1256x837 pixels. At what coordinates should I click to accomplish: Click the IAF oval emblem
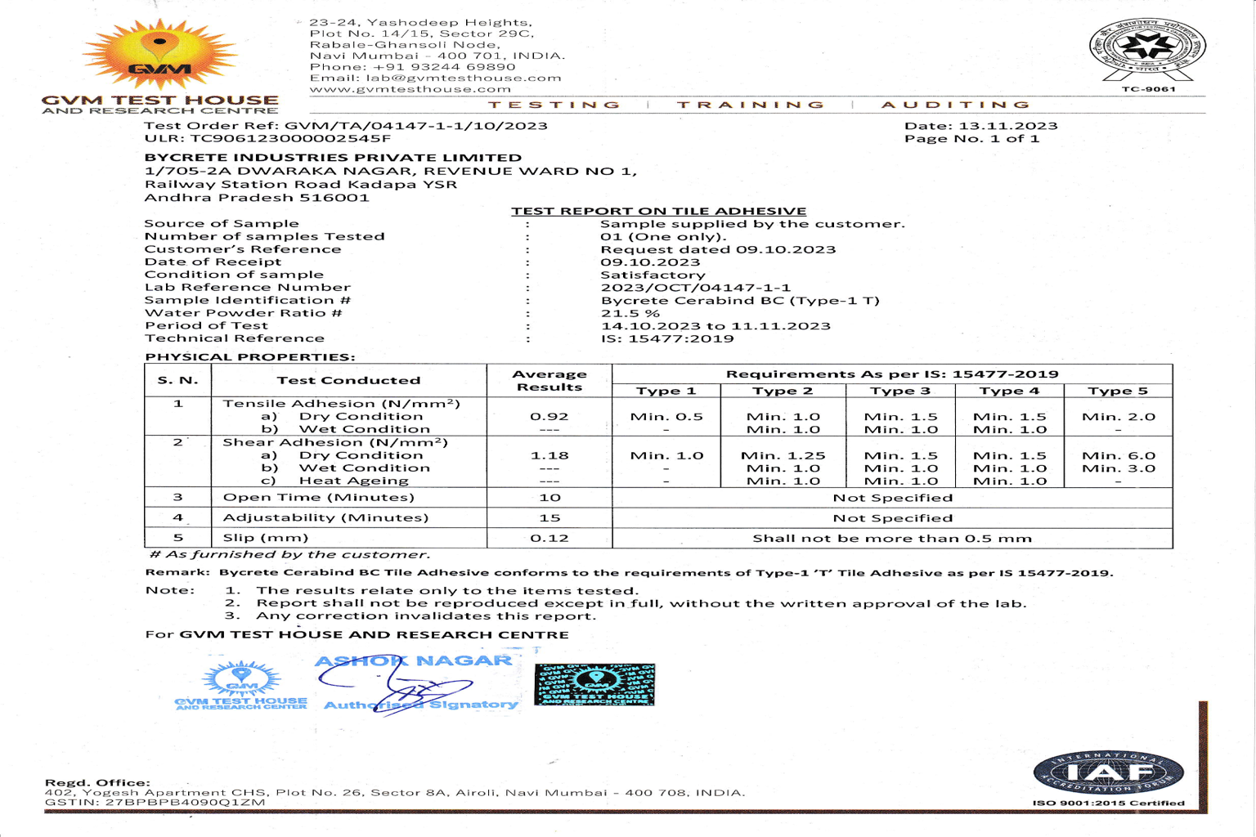1108,772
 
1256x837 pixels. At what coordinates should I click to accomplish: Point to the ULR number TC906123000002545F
290,139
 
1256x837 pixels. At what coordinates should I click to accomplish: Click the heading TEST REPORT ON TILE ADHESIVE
658,211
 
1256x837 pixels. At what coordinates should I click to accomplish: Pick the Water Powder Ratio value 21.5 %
630,313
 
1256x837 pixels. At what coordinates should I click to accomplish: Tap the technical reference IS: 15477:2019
667,338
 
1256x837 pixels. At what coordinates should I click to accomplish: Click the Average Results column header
549,380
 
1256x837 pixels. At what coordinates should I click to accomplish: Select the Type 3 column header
900,391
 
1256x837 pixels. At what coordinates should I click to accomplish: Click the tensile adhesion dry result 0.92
549,416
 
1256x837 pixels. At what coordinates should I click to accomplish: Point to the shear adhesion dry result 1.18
549,455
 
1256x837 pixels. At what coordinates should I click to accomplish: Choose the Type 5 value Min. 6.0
1118,455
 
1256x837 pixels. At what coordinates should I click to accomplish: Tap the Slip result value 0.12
549,538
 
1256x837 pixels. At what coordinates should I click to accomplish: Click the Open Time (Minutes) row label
318,497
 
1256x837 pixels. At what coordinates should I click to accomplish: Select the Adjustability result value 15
549,517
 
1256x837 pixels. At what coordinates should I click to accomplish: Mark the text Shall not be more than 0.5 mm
892,538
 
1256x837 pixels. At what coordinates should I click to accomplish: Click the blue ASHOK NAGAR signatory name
413,660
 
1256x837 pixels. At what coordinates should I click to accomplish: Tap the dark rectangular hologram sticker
594,684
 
